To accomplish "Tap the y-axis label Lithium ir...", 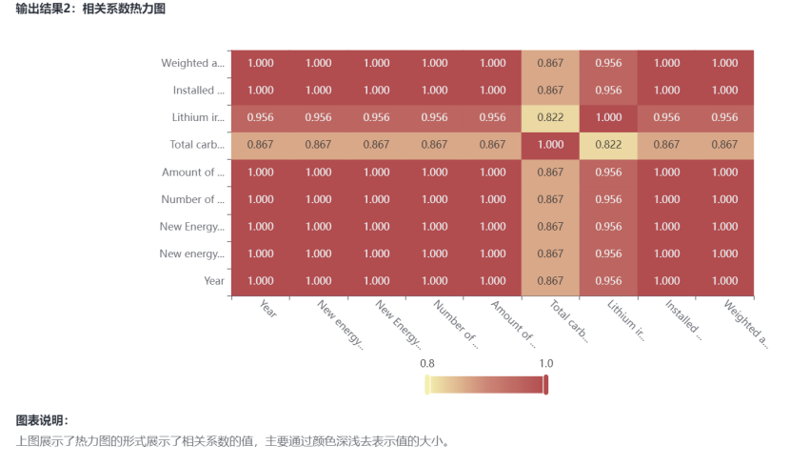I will coord(198,117).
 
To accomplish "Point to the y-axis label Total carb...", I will coord(197,145).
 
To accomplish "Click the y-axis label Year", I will coord(214,281).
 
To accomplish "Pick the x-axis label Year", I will coord(267,309).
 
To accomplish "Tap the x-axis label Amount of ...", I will coord(512,324).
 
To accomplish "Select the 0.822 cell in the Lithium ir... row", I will coord(550,117).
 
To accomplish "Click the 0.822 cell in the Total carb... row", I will coord(608,145).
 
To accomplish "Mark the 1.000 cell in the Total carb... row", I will coord(550,145).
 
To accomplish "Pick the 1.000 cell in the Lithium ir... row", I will coord(608,117).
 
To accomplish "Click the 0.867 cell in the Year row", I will coord(550,281).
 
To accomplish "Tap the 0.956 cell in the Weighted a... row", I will coord(608,63).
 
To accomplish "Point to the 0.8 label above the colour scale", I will coord(427,363).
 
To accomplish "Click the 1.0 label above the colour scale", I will coord(546,363).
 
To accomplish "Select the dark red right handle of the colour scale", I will coord(546,384).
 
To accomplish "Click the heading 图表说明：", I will coord(43,420).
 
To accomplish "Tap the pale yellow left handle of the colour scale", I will coord(427,384).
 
